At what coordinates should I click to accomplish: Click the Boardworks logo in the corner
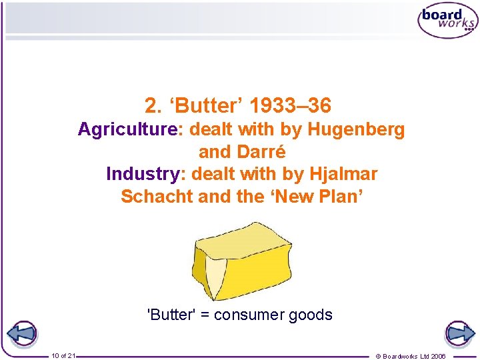click(x=447, y=21)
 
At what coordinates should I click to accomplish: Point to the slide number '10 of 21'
click(x=63, y=355)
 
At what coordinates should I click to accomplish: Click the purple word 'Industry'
click(x=142, y=174)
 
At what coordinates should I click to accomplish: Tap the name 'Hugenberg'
click(x=357, y=129)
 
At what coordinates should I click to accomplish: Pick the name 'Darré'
click(x=260, y=152)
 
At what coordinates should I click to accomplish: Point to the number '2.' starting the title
click(x=153, y=105)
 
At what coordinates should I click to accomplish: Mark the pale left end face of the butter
click(x=212, y=274)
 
